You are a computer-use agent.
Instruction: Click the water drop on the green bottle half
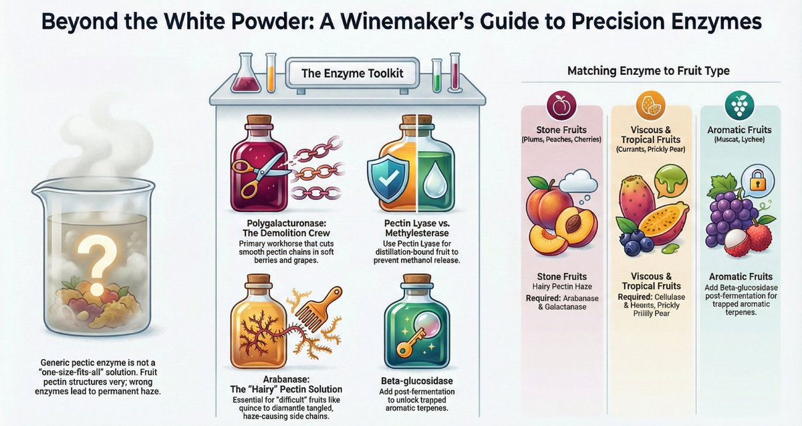tap(438, 173)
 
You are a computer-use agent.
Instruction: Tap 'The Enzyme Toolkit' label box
tap(352, 73)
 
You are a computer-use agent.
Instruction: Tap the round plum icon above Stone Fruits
tap(561, 106)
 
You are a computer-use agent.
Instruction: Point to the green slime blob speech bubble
tap(669, 181)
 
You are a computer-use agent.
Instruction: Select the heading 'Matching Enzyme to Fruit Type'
tap(648, 70)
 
